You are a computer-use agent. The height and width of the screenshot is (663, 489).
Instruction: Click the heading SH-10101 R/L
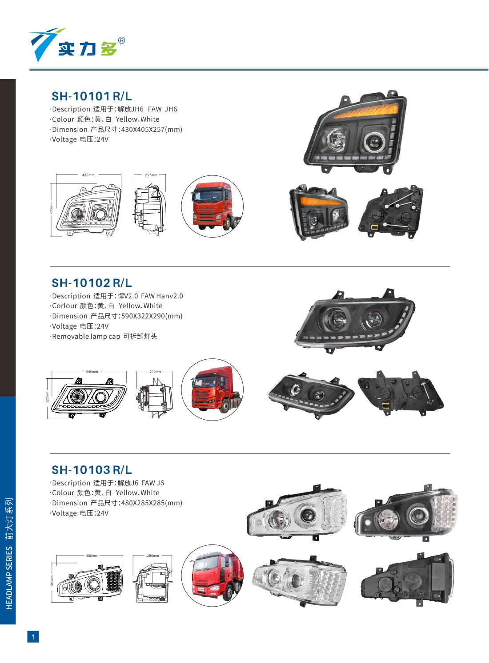pos(92,96)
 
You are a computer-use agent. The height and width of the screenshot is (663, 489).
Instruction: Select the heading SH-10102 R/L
pos(92,283)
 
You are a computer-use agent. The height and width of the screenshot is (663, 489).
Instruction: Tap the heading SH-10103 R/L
pos(92,470)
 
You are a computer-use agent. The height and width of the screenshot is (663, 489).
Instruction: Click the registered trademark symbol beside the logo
pos(121,41)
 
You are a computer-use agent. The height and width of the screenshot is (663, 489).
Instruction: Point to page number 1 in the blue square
pos(33,637)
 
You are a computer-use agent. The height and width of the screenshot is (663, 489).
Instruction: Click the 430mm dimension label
pos(88,175)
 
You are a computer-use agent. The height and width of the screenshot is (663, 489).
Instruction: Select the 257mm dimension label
pos(151,175)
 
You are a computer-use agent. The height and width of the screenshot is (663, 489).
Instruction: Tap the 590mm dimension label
pos(92,372)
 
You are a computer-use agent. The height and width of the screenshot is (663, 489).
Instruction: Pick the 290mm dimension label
pos(155,372)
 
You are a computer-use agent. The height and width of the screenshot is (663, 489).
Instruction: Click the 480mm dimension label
pos(92,556)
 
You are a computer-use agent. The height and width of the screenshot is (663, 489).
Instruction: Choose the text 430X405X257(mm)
pos(152,130)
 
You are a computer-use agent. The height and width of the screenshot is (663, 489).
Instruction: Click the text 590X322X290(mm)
pos(152,316)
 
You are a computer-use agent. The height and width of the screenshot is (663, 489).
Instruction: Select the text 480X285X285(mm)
pos(152,503)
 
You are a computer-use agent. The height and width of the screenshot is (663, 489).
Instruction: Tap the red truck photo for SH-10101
pos(212,206)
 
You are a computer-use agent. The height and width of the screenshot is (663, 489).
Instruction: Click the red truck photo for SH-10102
pos(212,389)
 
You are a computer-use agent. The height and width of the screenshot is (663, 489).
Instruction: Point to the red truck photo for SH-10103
pos(212,576)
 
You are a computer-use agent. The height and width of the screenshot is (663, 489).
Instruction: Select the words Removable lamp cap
pos(86,337)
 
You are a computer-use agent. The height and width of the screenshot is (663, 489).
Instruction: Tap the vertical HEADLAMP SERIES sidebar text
pos(9,577)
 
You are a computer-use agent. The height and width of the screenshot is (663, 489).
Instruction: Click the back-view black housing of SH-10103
pos(407,580)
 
